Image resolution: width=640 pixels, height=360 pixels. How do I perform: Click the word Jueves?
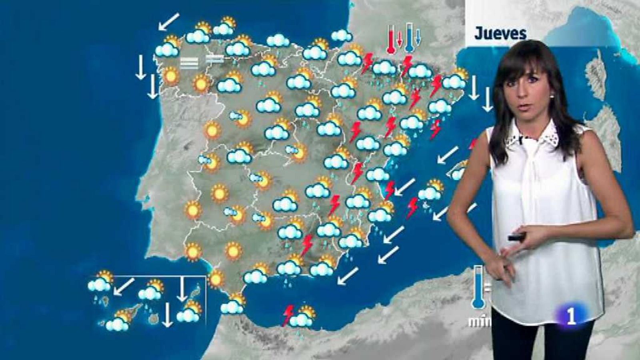coord(500,34)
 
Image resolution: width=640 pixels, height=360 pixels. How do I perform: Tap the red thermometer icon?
coord(391,39)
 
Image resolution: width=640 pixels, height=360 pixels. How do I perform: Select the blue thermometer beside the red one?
coord(409,38)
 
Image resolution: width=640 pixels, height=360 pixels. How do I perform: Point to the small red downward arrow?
coord(399,38)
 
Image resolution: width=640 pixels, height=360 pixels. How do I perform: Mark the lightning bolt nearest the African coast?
coord(288,315)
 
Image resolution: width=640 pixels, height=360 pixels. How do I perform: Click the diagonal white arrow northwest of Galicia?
coord(168,22)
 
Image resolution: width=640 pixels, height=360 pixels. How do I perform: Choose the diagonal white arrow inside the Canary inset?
coord(124,286)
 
